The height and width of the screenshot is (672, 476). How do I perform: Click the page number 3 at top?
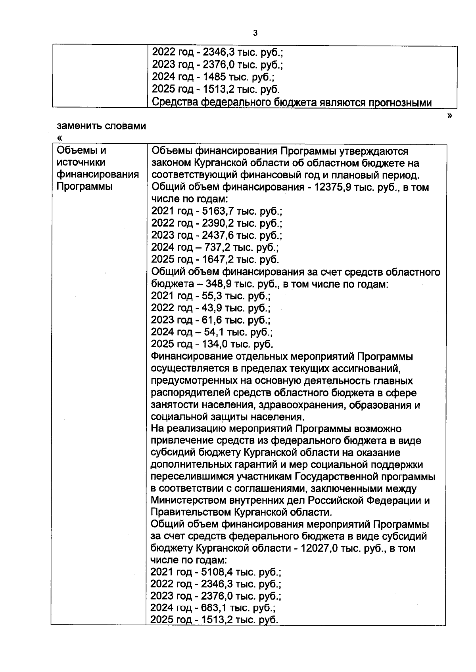[x=255, y=33]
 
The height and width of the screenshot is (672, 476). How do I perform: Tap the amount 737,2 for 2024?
[x=218, y=248]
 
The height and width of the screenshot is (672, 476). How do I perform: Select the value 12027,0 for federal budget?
[x=320, y=548]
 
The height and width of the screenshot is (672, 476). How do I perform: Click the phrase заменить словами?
[x=101, y=126]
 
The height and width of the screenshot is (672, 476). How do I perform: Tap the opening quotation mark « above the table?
[x=60, y=138]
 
